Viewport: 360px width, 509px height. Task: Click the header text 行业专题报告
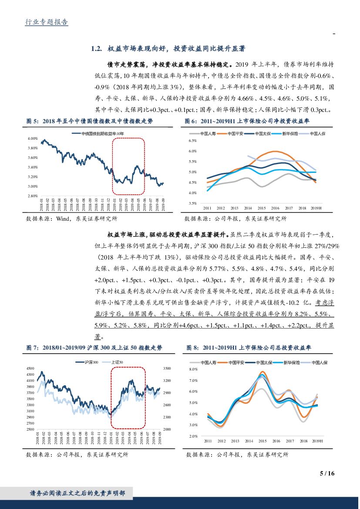(x=47, y=22)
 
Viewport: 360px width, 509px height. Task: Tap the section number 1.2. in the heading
(x=96, y=48)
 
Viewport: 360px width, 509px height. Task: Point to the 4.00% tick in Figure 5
(x=33, y=138)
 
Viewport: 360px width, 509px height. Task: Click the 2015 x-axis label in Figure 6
(x=261, y=208)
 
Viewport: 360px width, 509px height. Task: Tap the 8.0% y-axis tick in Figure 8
(x=194, y=369)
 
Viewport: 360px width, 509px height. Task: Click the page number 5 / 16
(x=326, y=473)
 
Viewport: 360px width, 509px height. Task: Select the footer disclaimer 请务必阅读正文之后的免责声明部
(x=77, y=493)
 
